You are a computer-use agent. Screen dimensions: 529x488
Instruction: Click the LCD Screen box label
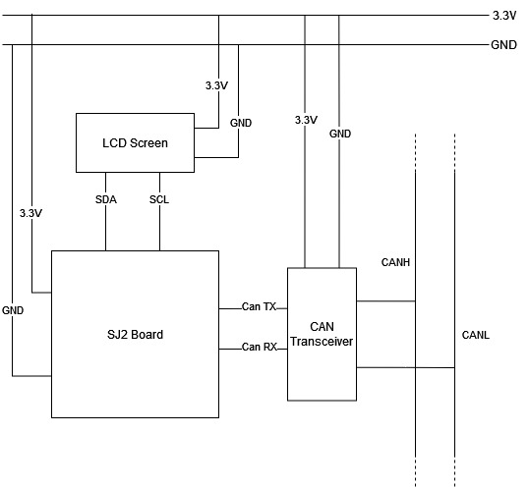[x=135, y=143]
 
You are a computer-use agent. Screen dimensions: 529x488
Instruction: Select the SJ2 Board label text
[x=135, y=335]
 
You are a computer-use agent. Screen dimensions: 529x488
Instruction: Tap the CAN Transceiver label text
[x=322, y=334]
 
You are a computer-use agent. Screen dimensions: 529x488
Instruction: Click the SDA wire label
[x=106, y=199]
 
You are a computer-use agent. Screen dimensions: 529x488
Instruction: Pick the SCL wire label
[x=159, y=199]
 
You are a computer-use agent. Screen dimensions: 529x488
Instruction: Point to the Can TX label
[x=260, y=306]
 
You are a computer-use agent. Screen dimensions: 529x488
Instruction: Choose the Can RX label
[x=260, y=347]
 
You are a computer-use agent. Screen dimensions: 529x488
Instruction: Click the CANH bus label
[x=395, y=262]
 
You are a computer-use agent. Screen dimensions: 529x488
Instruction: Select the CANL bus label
[x=475, y=335]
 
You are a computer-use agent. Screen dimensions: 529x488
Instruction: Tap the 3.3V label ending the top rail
[x=504, y=16]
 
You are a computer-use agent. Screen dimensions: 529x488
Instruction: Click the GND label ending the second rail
[x=503, y=45]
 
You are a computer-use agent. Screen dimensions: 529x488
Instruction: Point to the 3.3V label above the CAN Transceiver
[x=306, y=120]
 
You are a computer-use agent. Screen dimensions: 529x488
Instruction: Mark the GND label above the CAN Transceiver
[x=340, y=134]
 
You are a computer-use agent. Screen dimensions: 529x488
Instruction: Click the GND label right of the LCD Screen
[x=241, y=123]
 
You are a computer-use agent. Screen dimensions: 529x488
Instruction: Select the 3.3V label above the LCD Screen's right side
[x=216, y=85]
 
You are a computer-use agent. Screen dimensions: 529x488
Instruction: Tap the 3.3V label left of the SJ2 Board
[x=30, y=213]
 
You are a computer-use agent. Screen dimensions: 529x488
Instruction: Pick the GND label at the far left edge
[x=13, y=310]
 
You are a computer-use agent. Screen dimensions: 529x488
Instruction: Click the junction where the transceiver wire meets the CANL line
[x=454, y=367]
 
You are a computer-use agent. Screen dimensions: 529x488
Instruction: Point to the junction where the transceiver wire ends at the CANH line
[x=415, y=301]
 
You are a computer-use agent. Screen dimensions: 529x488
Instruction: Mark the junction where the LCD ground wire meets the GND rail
[x=239, y=45]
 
